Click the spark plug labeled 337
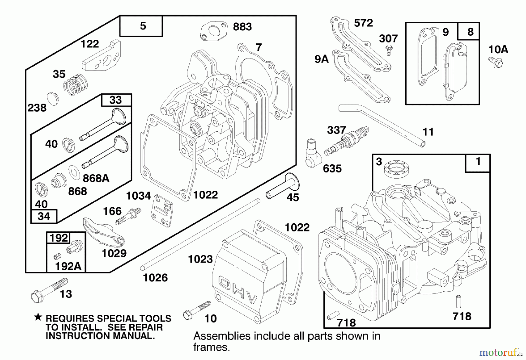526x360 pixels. click(347, 142)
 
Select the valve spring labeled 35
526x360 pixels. click(75, 84)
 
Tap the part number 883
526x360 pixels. click(242, 27)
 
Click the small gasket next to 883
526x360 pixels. click(214, 31)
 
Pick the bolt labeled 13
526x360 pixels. click(49, 289)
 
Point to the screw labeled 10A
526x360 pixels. click(496, 62)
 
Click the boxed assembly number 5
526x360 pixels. click(142, 26)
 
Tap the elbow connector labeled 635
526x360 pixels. click(313, 154)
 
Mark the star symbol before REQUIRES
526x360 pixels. click(38, 317)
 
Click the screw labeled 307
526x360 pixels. click(388, 50)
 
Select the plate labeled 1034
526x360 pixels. click(161, 210)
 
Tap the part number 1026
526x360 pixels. click(155, 278)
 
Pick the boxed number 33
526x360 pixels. click(116, 100)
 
